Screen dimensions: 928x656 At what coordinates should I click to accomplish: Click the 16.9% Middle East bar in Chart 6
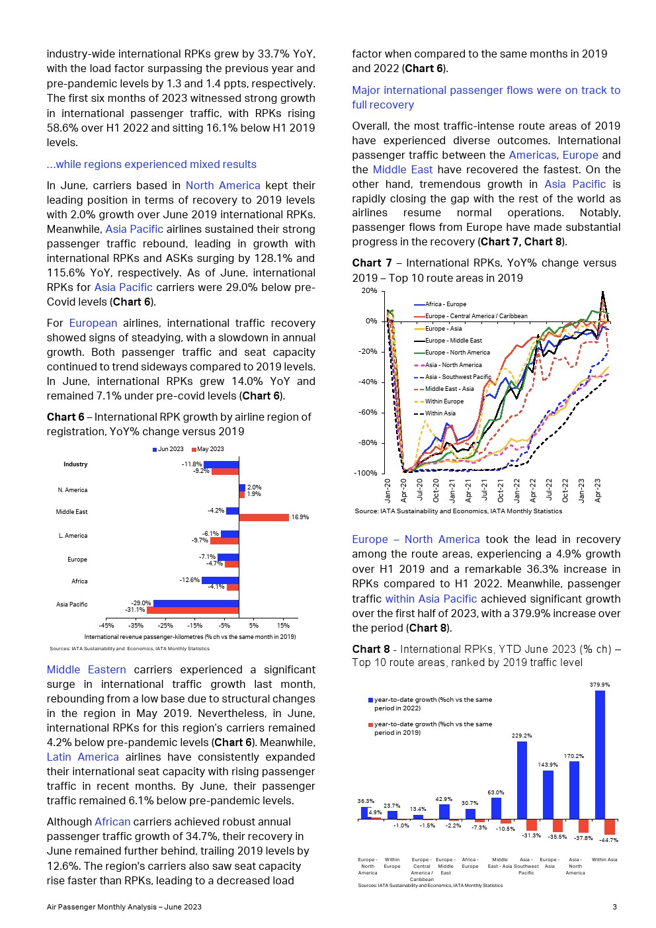(264, 517)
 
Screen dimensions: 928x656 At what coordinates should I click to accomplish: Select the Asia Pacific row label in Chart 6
(71, 604)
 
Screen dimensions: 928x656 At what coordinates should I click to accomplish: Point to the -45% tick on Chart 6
(106, 625)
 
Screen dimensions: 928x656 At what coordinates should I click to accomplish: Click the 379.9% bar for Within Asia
(600, 755)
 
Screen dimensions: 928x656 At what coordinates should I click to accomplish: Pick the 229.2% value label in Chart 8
(521, 736)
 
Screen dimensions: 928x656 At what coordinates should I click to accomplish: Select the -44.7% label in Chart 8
(608, 840)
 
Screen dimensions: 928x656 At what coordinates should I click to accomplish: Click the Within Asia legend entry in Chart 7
(440, 413)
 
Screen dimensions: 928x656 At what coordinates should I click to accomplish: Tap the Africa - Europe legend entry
(445, 304)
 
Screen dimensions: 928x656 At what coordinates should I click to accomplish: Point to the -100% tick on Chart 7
(365, 473)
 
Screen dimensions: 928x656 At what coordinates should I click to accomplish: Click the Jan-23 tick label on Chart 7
(582, 490)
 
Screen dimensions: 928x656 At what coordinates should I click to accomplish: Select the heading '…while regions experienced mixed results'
(151, 164)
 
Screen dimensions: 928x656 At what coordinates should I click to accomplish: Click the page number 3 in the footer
(614, 907)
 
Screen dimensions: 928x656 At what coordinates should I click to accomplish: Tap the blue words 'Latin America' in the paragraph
(83, 757)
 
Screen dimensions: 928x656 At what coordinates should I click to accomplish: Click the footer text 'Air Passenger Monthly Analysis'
(101, 907)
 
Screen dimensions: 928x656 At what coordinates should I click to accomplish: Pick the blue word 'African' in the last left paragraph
(112, 822)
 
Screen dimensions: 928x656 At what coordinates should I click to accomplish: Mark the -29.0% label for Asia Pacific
(141, 603)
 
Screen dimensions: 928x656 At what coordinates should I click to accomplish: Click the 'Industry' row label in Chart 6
(75, 464)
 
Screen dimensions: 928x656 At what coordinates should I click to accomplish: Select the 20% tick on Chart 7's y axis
(369, 291)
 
